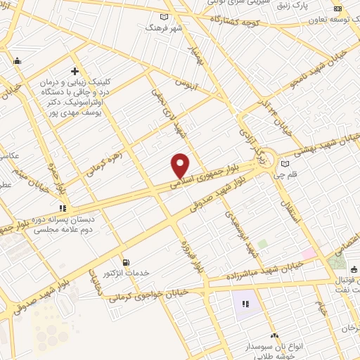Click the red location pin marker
pyautogui.click(x=181, y=165)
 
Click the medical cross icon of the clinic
pyautogui.click(x=75, y=71)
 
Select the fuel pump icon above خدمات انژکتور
pyautogui.click(x=126, y=262)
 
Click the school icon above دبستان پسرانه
pyautogui.click(x=63, y=208)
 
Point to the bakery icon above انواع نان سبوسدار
pyautogui.click(x=274, y=336)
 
